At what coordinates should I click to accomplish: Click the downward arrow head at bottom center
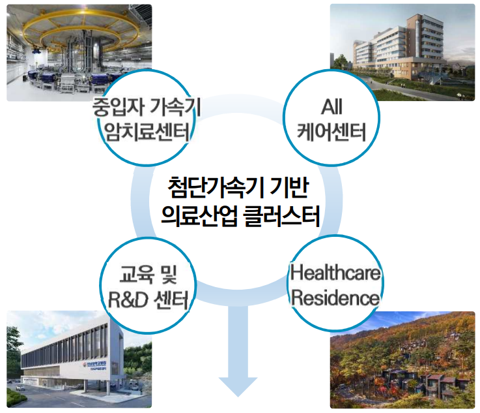point(238,386)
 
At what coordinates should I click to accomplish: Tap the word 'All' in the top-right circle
point(332,107)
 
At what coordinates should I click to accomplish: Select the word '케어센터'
point(332,132)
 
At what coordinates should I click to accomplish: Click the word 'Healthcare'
point(335,272)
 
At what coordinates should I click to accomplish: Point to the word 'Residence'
point(335,298)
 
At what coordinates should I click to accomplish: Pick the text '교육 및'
point(148,274)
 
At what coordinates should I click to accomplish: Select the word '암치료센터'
point(147,132)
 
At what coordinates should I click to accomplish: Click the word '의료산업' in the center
point(199,216)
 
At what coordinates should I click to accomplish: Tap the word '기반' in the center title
point(289,187)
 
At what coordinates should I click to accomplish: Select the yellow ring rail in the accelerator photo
point(81,30)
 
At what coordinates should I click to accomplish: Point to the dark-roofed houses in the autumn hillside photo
point(425,380)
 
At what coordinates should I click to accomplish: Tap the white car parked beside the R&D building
point(20,388)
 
